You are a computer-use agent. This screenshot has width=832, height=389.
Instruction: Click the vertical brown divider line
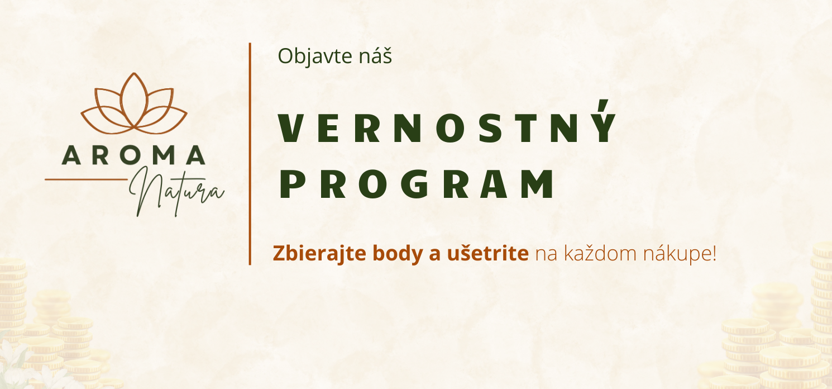pyautogui.click(x=250, y=154)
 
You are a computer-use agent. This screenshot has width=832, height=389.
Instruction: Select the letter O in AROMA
pyautogui.click(x=133, y=155)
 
